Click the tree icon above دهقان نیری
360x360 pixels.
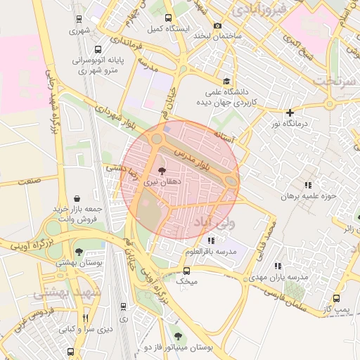click(162, 170)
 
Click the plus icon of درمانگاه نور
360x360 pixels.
click(290, 112)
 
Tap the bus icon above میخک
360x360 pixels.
click(186, 270)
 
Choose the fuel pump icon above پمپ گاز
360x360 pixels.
click(336, 298)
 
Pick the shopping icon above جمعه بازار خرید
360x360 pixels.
click(76, 198)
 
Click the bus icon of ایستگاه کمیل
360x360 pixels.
click(167, 18)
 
